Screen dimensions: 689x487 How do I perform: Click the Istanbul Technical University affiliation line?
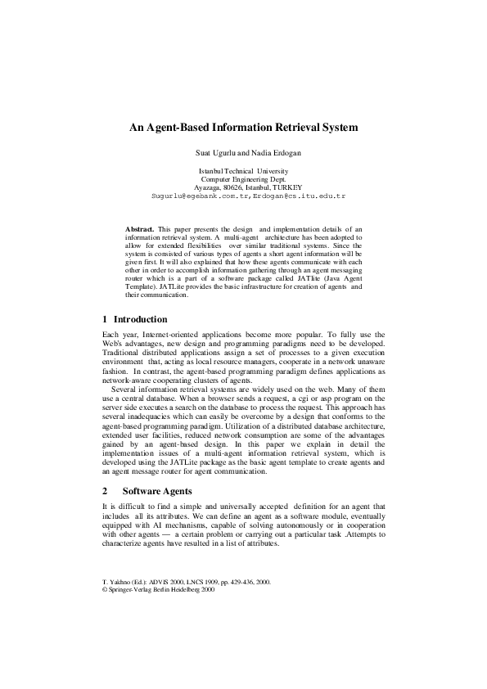coord(243,170)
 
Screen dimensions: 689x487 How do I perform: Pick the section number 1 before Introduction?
coord(105,319)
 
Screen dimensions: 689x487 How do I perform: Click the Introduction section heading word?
coord(140,319)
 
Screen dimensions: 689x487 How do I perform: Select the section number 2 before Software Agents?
coord(105,491)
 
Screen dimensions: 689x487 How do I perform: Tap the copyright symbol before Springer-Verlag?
coord(103,590)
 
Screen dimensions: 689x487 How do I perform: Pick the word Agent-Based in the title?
coord(177,128)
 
